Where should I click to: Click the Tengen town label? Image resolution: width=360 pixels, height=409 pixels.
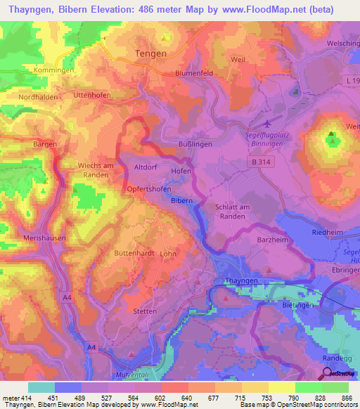150,53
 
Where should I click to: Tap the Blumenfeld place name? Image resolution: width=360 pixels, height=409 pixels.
194,73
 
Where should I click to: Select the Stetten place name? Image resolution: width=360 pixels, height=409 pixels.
145,311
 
